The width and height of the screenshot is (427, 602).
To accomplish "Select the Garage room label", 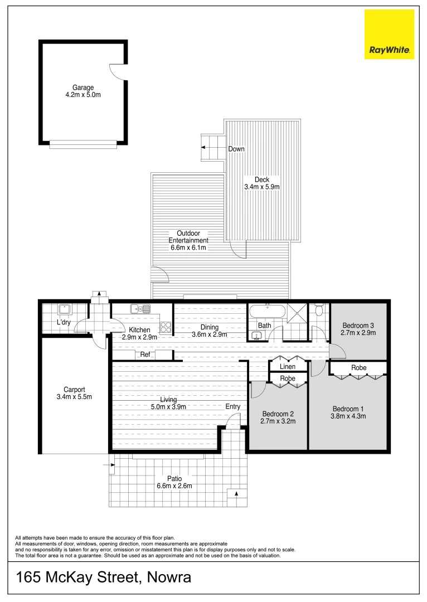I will (x=83, y=88).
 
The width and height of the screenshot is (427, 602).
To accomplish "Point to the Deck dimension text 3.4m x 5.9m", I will (x=261, y=187).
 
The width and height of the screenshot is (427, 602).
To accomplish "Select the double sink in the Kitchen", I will (x=139, y=308).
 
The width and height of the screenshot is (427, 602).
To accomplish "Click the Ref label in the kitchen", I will (x=145, y=355).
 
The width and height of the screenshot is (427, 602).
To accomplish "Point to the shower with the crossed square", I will (x=297, y=312).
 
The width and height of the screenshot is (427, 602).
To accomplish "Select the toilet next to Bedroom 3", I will (x=319, y=309).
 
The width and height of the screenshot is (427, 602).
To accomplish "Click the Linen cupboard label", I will (x=288, y=367).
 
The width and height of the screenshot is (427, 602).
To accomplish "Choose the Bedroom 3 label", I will (x=358, y=326).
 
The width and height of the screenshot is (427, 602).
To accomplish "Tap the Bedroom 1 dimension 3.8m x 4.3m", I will (x=349, y=416).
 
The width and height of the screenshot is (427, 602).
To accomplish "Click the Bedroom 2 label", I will (x=278, y=414).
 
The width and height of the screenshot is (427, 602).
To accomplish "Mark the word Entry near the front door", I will (x=233, y=406).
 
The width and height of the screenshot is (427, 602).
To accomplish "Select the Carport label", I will (x=74, y=390).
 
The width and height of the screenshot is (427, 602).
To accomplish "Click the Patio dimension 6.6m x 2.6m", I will (x=175, y=486).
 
